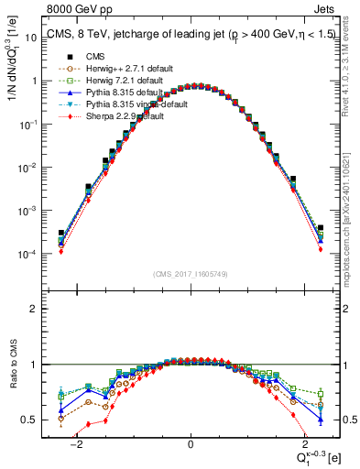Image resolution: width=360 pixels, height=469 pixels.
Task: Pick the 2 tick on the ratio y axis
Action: [37, 309]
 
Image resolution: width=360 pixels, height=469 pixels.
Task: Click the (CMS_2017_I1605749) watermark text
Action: [191, 274]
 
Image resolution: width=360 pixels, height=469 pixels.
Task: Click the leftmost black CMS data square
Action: [61, 233]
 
